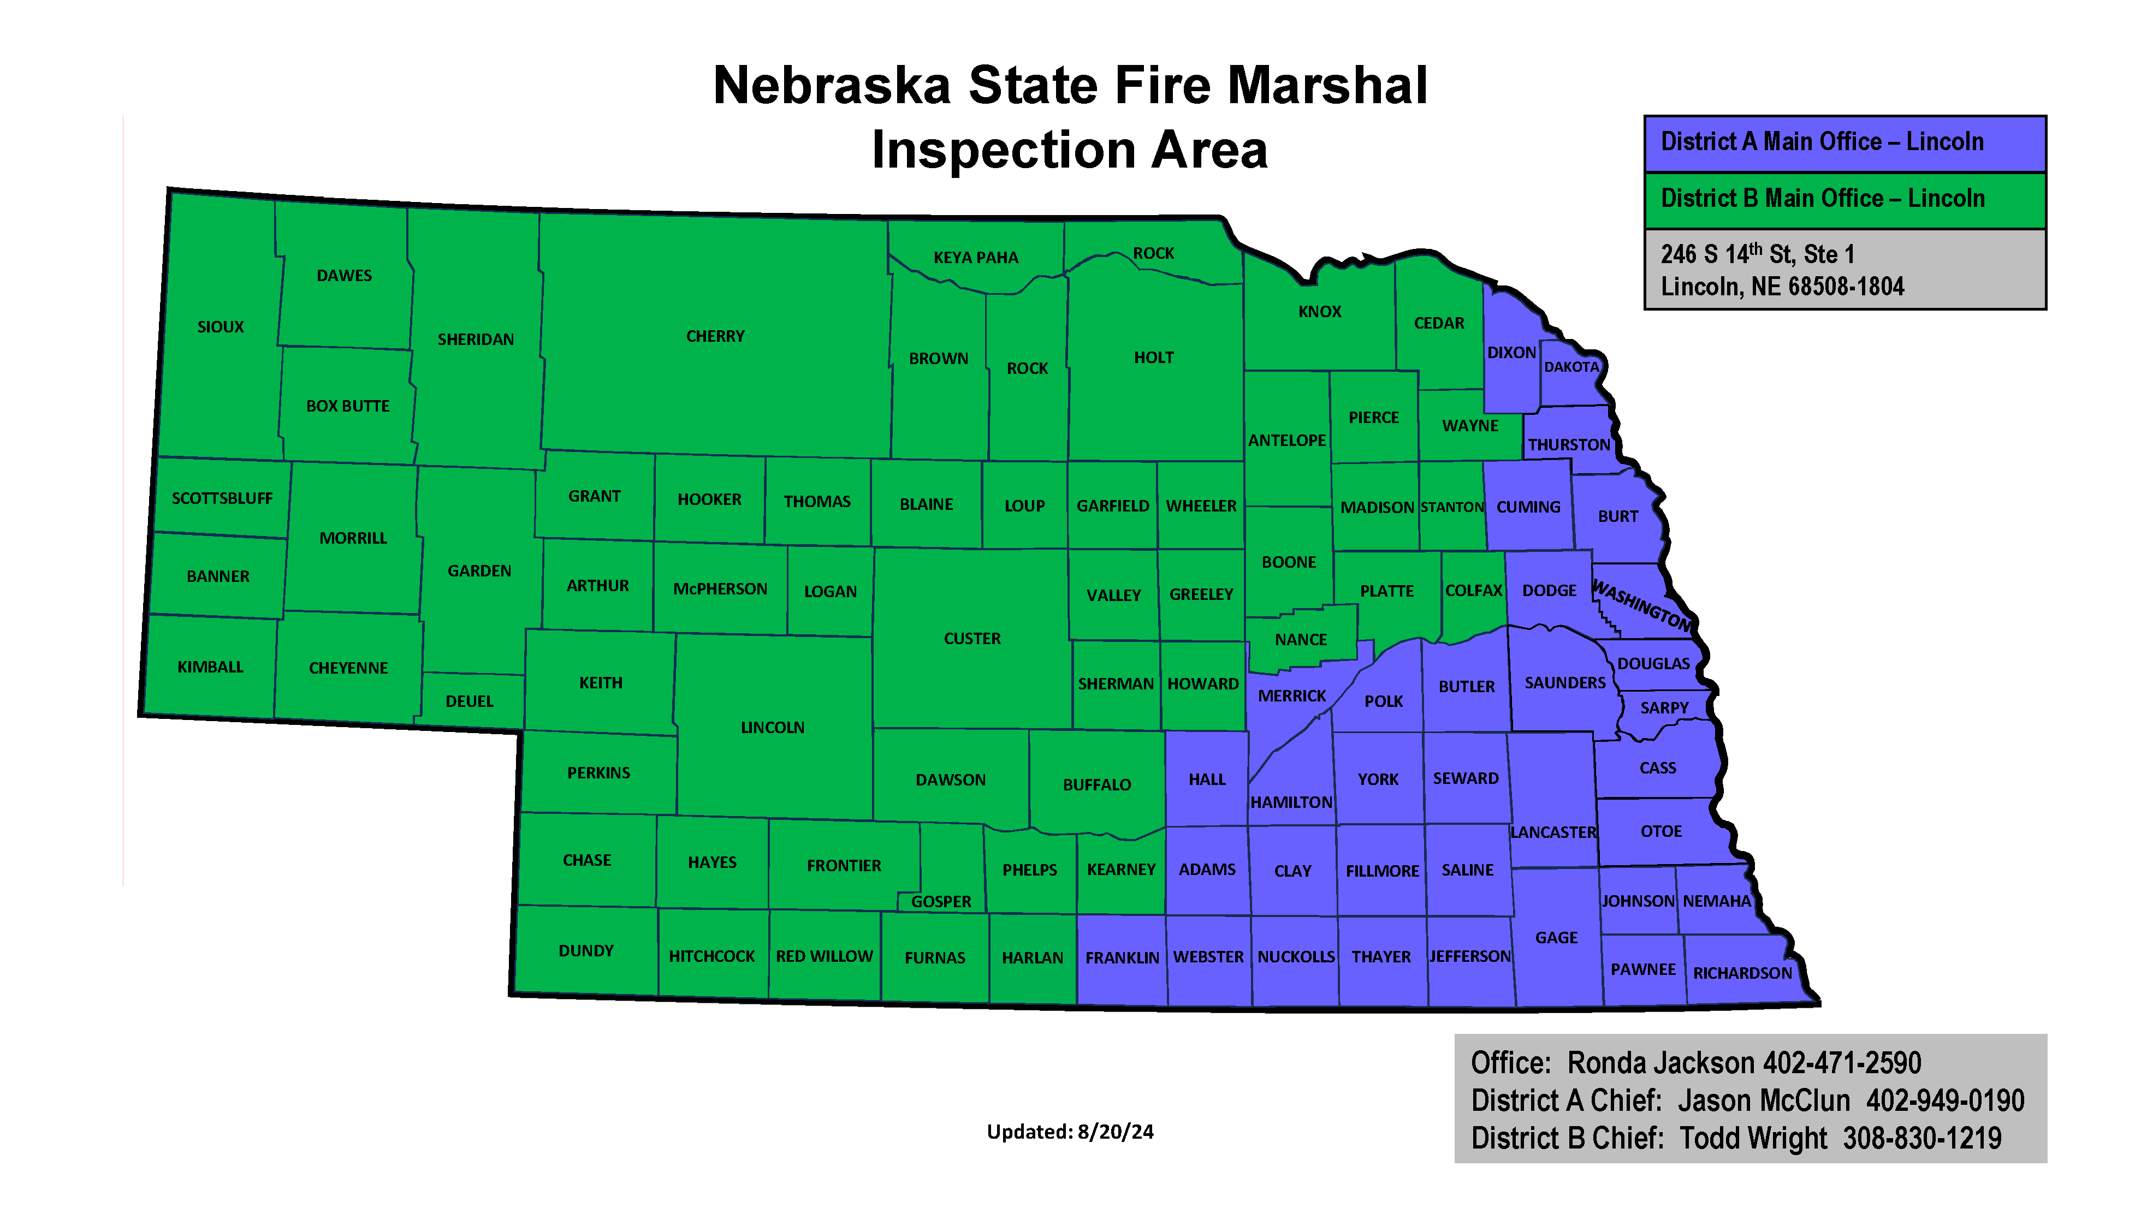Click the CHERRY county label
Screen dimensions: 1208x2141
(x=715, y=336)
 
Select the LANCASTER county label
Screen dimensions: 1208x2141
(x=1552, y=832)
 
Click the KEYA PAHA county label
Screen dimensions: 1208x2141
(x=975, y=258)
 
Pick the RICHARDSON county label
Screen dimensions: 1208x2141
(x=1742, y=973)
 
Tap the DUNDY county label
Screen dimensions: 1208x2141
(x=586, y=950)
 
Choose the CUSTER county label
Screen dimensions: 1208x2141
(x=971, y=639)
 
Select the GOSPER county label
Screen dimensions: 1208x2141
(x=941, y=901)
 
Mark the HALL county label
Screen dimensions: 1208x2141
(x=1207, y=779)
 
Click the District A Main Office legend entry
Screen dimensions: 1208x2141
(x=1822, y=142)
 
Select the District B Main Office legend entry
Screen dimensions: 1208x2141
(x=1822, y=199)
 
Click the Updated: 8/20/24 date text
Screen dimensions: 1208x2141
(x=1070, y=1132)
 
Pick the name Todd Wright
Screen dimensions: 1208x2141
(x=1753, y=1138)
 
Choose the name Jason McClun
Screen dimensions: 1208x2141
(x=1764, y=1101)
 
